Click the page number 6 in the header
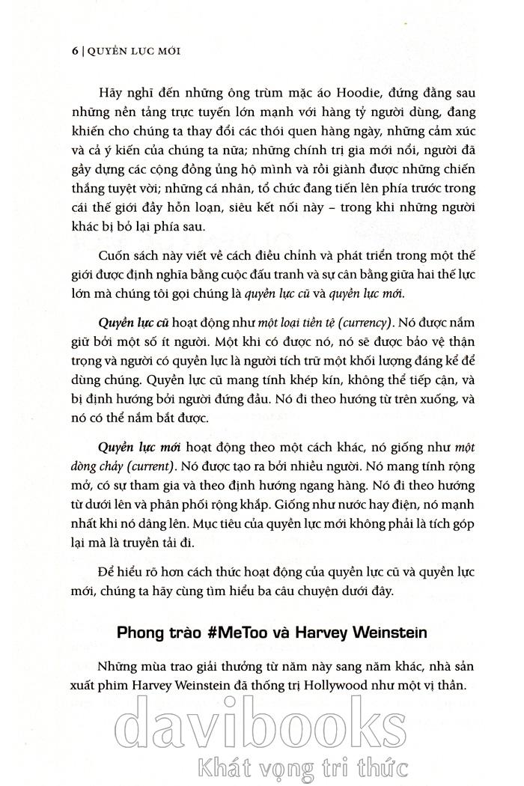pos(74,52)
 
